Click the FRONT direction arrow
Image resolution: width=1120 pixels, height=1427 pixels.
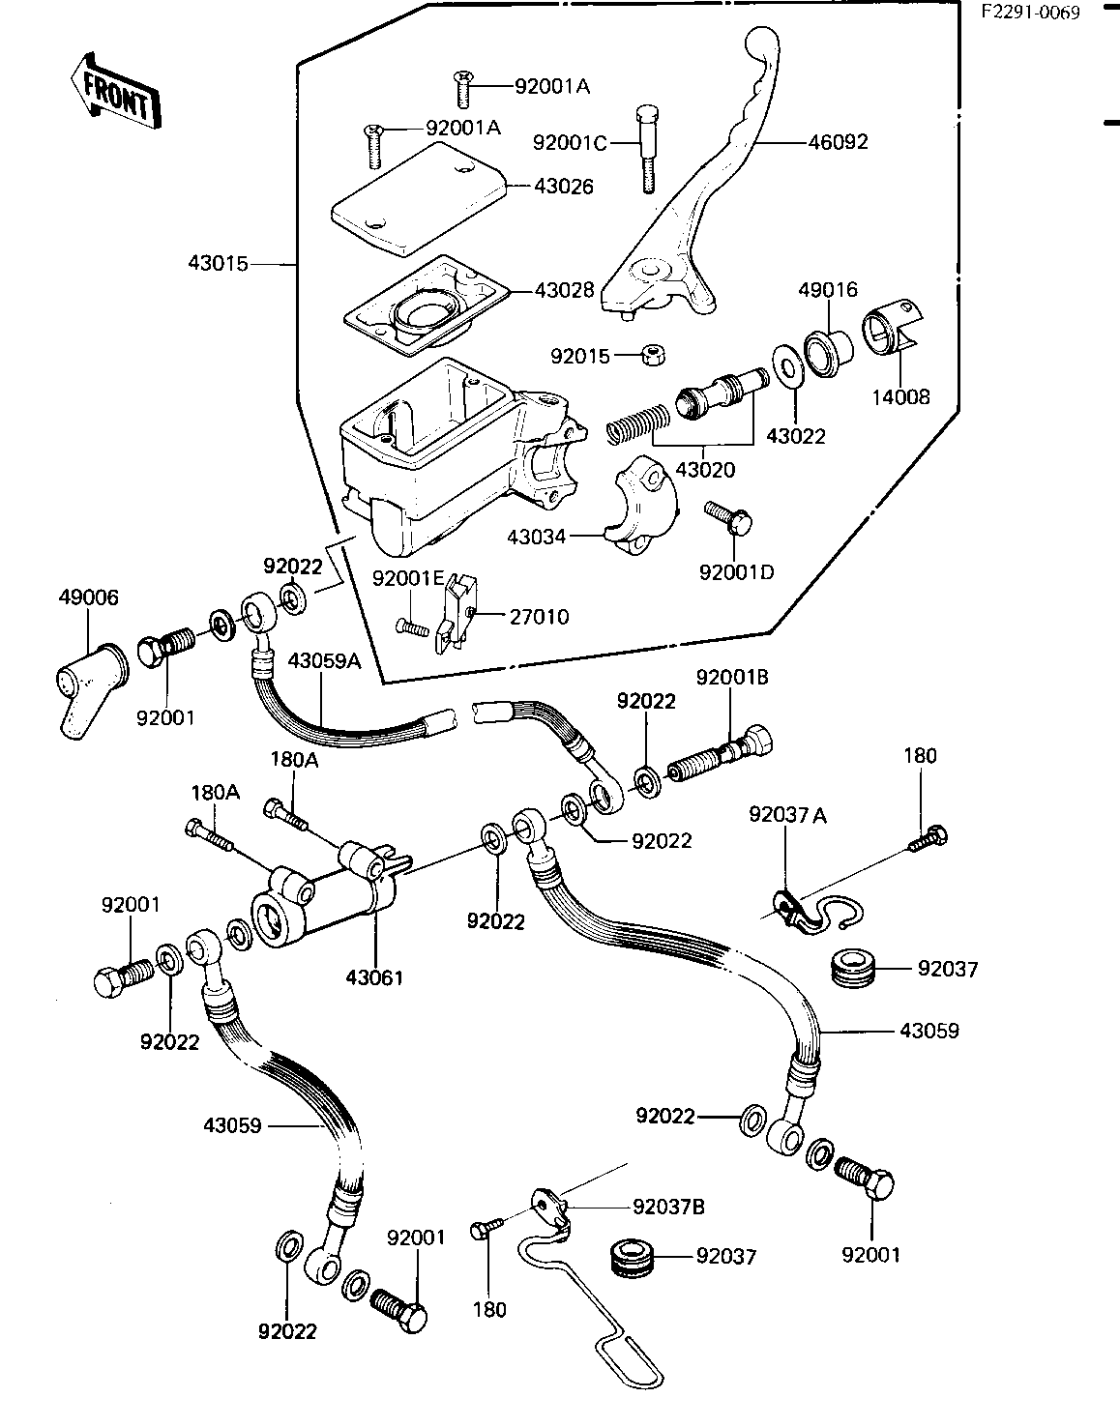pos(116,91)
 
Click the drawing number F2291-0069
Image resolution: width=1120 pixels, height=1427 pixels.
pos(1031,14)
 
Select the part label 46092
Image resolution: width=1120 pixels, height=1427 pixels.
pos(838,142)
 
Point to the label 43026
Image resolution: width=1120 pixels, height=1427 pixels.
pos(564,187)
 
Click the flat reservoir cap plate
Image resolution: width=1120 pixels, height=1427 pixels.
pos(419,199)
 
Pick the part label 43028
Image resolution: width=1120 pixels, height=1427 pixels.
pos(564,290)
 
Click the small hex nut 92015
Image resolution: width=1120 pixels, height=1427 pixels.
pos(653,357)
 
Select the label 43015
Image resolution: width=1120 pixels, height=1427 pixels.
pos(218,264)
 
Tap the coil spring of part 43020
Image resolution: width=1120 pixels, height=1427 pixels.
pos(637,424)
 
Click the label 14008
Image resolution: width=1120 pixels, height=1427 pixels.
pos(900,397)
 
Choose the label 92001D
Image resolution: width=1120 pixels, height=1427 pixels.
pos(736,572)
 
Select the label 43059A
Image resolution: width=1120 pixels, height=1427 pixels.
pos(325,660)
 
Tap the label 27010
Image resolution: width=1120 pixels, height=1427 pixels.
pos(540,617)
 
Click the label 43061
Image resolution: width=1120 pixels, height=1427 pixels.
pos(374,977)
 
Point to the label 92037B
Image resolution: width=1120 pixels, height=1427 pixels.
pos(668,1207)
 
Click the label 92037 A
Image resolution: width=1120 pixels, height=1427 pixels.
pos(787,816)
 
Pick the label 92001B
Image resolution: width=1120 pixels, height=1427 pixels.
pos(732,677)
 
